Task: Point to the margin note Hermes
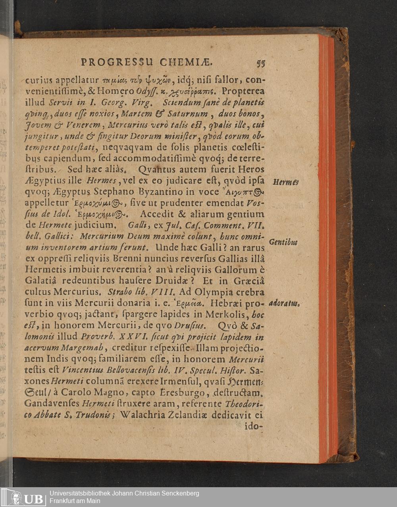[x=286, y=182]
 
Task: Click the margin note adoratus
[x=285, y=304]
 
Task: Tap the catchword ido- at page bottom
[x=254, y=427]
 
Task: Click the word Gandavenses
[x=52, y=404]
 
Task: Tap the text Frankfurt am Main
[x=75, y=501]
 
